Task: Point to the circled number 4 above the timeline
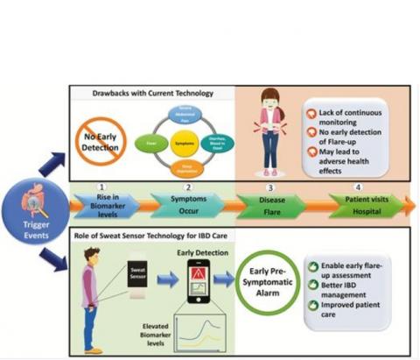[357, 187]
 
